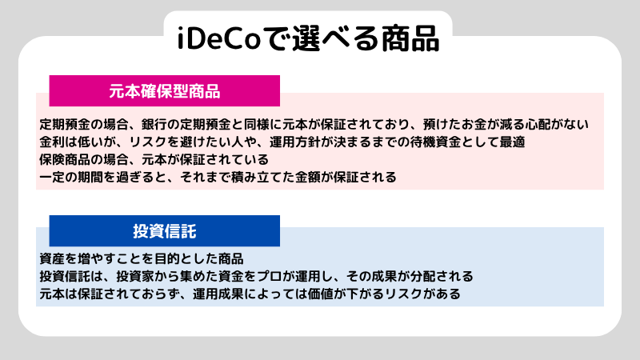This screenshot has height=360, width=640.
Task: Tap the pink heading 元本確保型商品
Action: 164,91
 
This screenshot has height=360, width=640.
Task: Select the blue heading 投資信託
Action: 164,231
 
